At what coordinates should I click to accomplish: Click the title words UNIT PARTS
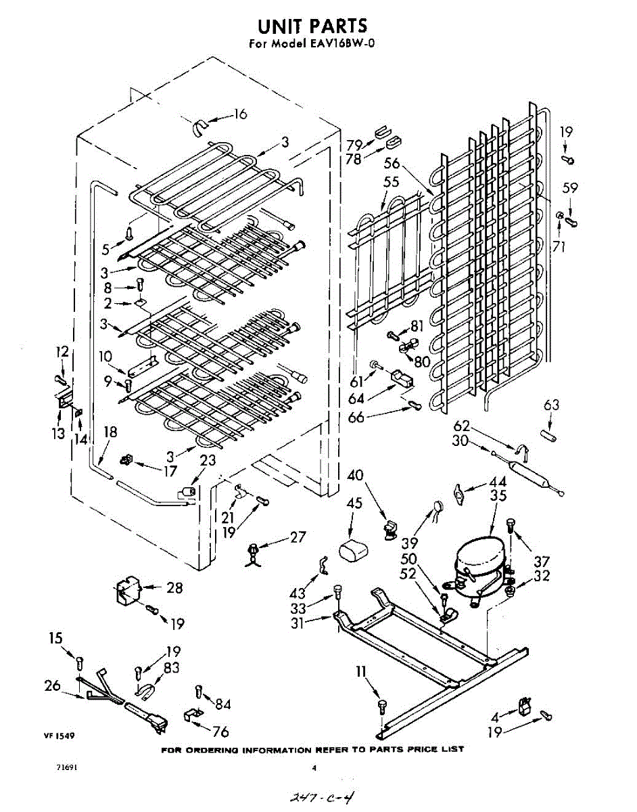312,26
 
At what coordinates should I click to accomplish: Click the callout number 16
239,114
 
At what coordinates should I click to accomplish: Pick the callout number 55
391,181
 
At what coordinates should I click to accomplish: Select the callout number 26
53,685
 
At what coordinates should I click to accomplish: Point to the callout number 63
552,406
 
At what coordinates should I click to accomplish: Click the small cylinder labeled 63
548,436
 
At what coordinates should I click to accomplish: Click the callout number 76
220,732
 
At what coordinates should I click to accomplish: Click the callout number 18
110,432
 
